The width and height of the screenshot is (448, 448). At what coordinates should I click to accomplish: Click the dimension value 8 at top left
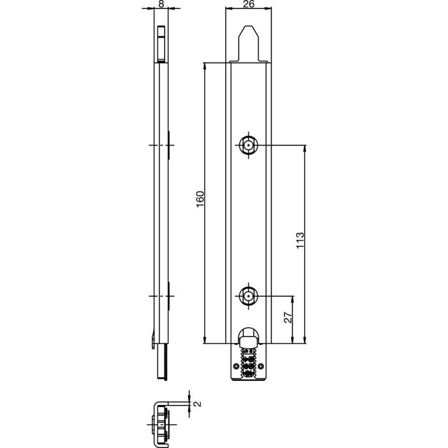(x=161, y=4)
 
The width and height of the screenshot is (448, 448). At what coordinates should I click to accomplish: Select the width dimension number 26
(x=250, y=4)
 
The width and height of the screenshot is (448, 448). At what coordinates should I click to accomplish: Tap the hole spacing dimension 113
(x=299, y=242)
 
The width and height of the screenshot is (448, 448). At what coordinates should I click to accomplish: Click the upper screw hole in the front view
(x=248, y=145)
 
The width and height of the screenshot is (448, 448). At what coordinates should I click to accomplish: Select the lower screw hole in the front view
(x=248, y=296)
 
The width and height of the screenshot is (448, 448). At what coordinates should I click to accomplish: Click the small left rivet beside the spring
(x=236, y=365)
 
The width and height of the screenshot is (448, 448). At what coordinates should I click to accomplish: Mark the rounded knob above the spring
(x=248, y=336)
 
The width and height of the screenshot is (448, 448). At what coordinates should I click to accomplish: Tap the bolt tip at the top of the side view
(x=161, y=42)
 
